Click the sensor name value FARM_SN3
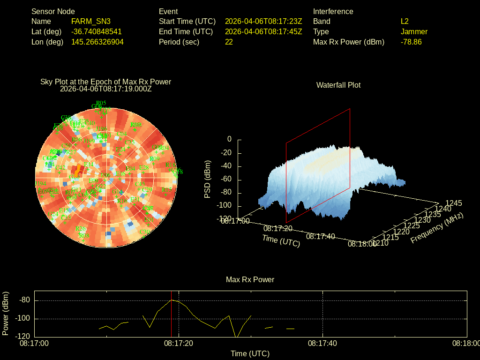pos(91,22)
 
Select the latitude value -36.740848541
pos(96,32)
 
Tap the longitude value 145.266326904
pos(97,42)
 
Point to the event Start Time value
pos(263,22)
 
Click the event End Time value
pos(263,32)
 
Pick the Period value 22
pos(229,42)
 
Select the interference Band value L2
pos(405,22)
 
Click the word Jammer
pos(414,32)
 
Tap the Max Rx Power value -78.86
pos(411,42)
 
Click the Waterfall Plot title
pos(338,85)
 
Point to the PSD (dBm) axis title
pos(208,179)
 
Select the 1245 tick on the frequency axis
pos(453,203)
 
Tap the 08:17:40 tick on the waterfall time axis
pos(321,237)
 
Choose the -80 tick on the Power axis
pos(25,300)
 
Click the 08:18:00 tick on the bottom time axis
pos(466,344)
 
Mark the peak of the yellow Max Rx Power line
pos(172,300)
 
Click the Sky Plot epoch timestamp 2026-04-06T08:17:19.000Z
pos(106,89)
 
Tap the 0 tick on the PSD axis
pos(229,140)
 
